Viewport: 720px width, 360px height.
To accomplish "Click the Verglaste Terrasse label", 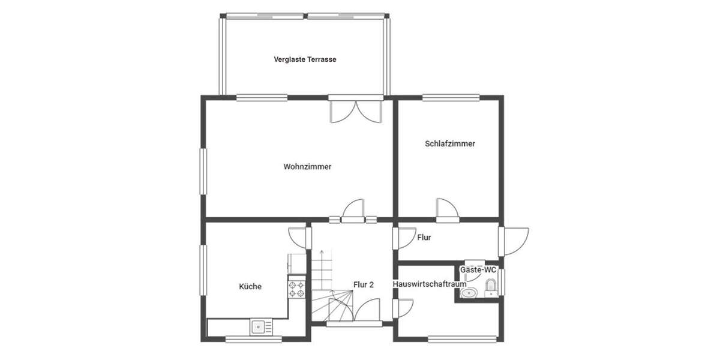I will point(305,59).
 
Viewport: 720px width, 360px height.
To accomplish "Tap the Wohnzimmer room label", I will point(307,167).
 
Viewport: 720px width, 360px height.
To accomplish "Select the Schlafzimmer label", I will point(450,144).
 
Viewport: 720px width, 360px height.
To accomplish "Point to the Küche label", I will point(250,287).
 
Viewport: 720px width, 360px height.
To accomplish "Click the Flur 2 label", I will point(364,285).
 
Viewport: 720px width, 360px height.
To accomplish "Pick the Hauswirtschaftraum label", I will point(430,284).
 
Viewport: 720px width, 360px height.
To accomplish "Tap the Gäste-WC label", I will point(478,271).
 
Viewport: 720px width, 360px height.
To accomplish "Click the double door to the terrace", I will point(356,110).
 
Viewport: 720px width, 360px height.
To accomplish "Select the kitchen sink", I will point(260,327).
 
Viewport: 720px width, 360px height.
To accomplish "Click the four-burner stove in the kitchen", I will point(296,289).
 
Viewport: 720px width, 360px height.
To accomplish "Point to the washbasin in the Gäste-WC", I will point(469,293).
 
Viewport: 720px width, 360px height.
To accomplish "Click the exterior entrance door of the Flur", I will point(515,241).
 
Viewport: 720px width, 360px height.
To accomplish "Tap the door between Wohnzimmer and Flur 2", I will point(353,210).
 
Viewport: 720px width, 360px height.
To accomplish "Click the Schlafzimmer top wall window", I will point(451,97).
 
